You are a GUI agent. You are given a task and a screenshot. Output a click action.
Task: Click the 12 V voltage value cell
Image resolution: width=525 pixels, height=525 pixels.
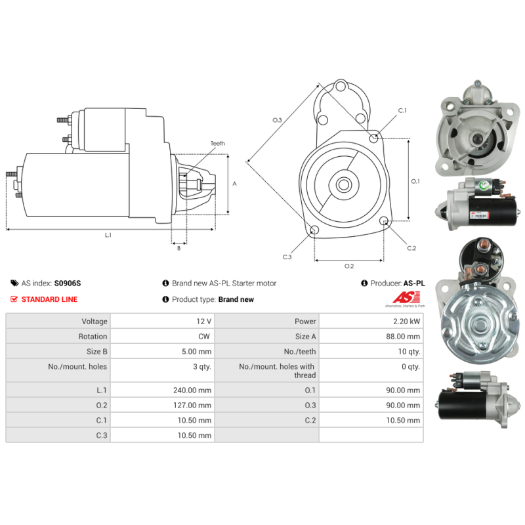(x=204, y=322)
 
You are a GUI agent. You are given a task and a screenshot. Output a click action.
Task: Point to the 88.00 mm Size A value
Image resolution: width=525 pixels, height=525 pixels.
(x=405, y=337)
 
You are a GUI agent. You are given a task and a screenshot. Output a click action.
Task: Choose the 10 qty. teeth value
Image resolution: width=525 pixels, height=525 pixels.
(x=409, y=352)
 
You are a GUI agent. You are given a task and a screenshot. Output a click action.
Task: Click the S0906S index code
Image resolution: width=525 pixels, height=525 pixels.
(x=68, y=283)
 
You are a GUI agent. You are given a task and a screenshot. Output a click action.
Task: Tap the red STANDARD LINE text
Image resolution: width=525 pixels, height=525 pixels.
(x=49, y=299)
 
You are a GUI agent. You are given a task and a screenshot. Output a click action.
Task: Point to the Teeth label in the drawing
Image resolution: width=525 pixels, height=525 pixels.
(x=217, y=143)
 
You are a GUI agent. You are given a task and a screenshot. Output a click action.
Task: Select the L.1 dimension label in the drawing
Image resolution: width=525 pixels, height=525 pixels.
(x=108, y=235)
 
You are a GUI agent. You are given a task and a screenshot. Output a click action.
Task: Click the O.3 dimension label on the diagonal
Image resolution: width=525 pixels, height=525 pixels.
(x=277, y=120)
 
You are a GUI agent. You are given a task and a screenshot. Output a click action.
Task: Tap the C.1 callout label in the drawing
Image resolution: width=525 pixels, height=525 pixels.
(x=402, y=110)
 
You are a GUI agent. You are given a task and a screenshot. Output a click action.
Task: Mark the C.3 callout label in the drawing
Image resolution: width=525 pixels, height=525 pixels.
(x=287, y=257)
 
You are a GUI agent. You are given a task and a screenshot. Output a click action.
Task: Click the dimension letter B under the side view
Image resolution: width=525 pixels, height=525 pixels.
(x=178, y=248)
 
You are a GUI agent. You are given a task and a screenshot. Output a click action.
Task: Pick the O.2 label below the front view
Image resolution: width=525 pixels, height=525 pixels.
(x=349, y=266)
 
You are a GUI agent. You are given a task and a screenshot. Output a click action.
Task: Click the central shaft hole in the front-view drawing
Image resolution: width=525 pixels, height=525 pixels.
(x=343, y=184)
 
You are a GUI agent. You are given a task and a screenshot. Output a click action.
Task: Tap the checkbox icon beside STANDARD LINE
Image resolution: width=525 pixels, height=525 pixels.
(x=14, y=299)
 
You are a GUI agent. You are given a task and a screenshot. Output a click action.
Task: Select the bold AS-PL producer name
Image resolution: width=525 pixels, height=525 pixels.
(x=414, y=283)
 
